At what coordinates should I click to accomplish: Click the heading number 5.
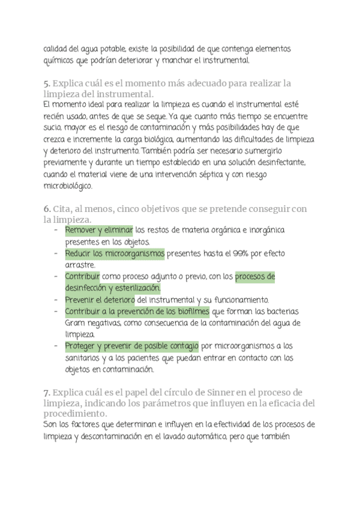(47, 83)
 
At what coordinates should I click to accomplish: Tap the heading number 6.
(47, 208)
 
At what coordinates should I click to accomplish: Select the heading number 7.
(47, 392)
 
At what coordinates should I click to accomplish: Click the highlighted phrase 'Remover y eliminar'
(99, 230)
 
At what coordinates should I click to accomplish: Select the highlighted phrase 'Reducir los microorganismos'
(115, 254)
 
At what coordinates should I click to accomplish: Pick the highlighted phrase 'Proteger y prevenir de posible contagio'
(131, 346)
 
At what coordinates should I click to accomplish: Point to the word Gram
(76, 323)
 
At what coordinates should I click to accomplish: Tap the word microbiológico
(68, 186)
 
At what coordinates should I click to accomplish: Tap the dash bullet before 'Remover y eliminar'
(56, 230)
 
